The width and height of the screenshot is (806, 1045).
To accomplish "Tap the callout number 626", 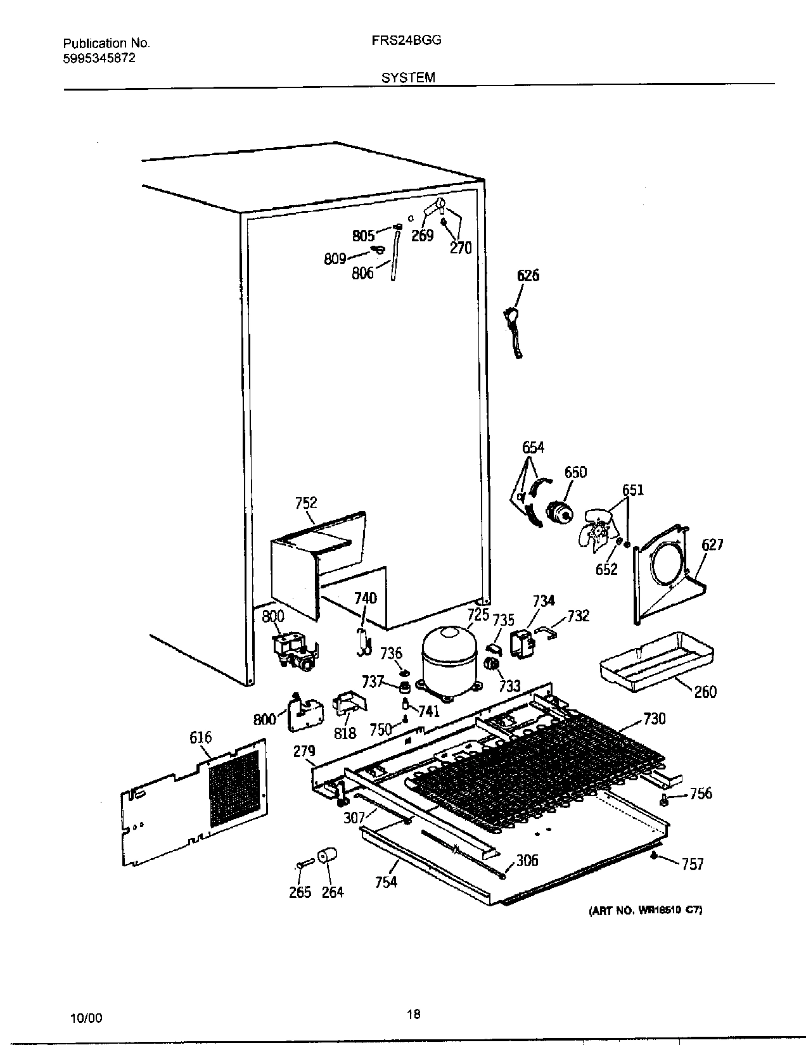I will coord(528,275).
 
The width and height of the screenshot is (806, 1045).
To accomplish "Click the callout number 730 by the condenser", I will coord(655,718).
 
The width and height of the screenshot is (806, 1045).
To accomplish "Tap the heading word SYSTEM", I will coord(408,77).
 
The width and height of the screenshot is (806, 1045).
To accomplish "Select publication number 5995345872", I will coord(99,58).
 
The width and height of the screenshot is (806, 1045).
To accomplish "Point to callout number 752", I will coord(306,503).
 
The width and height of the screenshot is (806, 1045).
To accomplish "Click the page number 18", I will coord(413,1015).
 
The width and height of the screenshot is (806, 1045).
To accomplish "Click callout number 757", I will coord(693,864).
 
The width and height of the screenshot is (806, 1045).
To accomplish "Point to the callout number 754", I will coord(386,882).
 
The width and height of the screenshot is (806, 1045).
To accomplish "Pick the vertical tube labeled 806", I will coord(395,256).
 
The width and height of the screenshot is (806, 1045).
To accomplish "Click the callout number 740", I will coord(365,598).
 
